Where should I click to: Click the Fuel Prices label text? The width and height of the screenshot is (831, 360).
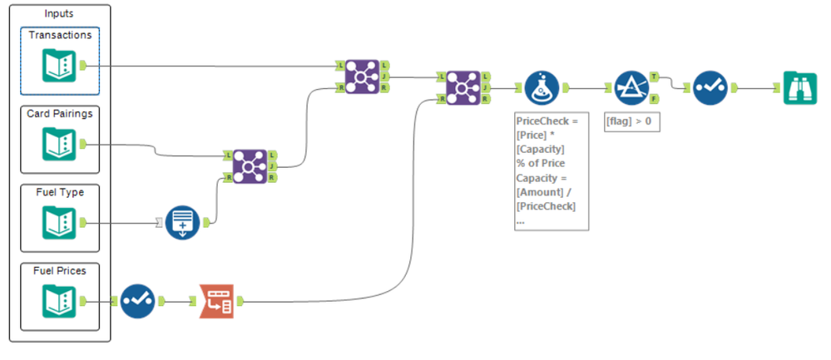(60, 270)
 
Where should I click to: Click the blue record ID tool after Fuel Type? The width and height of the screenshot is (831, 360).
(182, 223)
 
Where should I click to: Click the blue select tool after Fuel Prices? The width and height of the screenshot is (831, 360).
(138, 301)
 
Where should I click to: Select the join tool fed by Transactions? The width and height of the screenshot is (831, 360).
(362, 75)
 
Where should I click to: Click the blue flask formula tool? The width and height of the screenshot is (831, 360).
(543, 87)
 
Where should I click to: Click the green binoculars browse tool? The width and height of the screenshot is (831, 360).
(799, 87)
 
